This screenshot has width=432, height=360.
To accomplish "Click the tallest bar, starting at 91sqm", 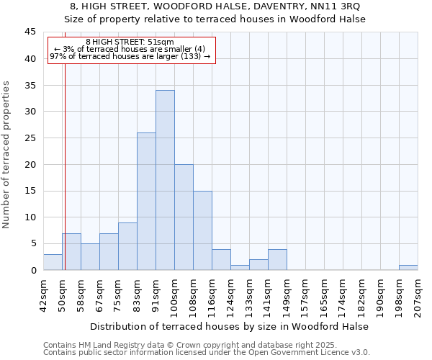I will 165,180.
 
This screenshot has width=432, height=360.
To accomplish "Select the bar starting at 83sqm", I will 146,202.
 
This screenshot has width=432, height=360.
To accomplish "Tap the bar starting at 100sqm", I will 184,217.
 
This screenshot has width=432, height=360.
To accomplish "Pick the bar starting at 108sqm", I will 202,230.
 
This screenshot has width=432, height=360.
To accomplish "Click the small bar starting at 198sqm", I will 408,268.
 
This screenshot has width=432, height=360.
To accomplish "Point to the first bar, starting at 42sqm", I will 53,262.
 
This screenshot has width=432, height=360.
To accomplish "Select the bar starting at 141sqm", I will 277,260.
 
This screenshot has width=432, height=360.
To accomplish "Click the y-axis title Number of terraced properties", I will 6,155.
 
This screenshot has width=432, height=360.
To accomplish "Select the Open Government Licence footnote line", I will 206,353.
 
